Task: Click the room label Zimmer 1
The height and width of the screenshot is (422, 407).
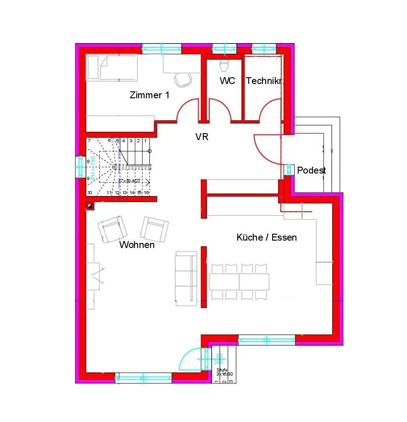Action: pyautogui.click(x=150, y=96)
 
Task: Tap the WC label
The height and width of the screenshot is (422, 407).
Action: pyautogui.click(x=227, y=81)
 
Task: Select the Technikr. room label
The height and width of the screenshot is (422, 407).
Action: pyautogui.click(x=265, y=81)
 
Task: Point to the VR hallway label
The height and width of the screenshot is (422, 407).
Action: pyautogui.click(x=202, y=137)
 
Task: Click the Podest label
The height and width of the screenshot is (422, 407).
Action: pyautogui.click(x=312, y=170)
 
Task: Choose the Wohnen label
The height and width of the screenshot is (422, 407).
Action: pyautogui.click(x=137, y=245)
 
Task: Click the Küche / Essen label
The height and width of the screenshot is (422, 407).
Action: pyautogui.click(x=267, y=237)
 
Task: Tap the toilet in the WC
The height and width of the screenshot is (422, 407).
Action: pyautogui.click(x=224, y=66)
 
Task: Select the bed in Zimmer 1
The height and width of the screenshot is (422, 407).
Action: pyautogui.click(x=112, y=68)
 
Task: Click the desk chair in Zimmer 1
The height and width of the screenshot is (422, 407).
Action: pyautogui.click(x=184, y=80)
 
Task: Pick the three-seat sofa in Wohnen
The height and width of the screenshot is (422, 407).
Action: pyautogui.click(x=186, y=278)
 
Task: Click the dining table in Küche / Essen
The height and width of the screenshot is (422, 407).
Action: pyautogui.click(x=239, y=281)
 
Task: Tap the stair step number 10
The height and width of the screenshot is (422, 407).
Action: pyautogui.click(x=89, y=193)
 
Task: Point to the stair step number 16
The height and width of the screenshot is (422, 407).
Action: pyautogui.click(x=146, y=193)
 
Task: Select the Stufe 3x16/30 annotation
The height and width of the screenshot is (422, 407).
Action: pyautogui.click(x=223, y=372)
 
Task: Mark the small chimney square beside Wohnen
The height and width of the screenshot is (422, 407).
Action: pyautogui.click(x=90, y=206)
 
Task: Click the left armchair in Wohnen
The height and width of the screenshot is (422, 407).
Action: pyautogui.click(x=112, y=229)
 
